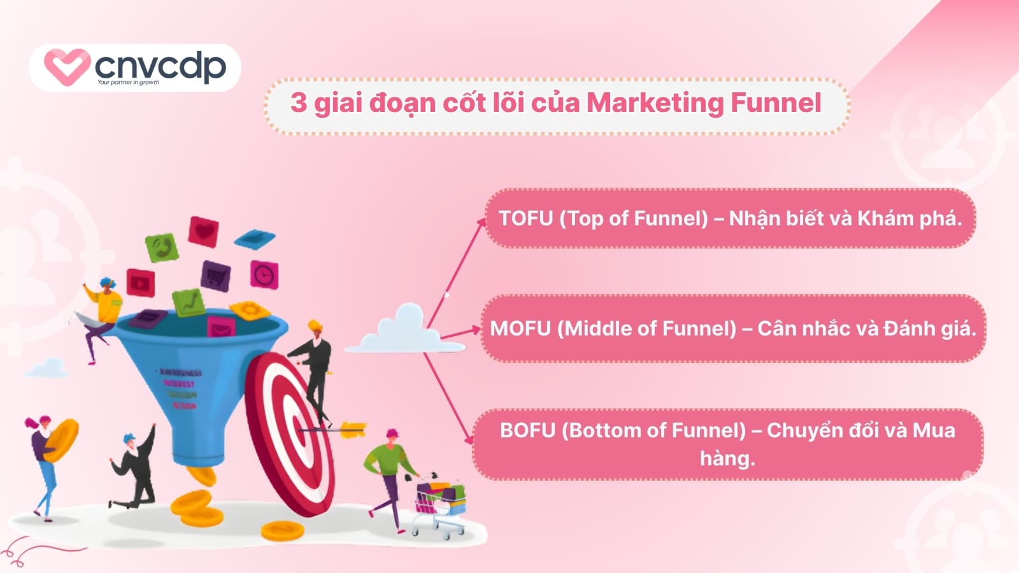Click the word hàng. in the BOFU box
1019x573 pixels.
(x=727, y=458)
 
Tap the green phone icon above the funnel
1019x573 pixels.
(x=162, y=247)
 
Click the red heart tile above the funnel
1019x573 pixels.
(x=203, y=232)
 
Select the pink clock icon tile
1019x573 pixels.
(x=264, y=274)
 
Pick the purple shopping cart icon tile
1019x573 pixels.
(x=215, y=276)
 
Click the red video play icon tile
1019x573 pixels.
(x=140, y=282)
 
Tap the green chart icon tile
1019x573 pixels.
(x=188, y=302)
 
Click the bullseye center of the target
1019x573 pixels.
(x=299, y=425)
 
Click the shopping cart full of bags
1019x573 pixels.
(x=441, y=503)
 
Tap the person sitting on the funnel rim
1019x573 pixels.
(x=102, y=312)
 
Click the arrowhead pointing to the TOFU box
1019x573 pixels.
(x=482, y=222)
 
